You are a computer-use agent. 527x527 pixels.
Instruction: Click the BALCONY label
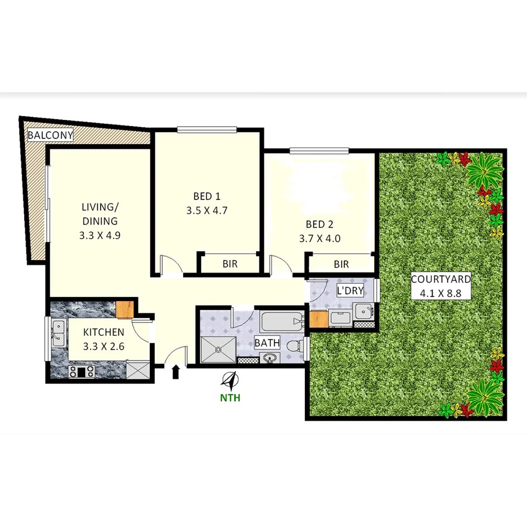(x=50, y=135)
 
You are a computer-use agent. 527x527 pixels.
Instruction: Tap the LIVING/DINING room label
(x=99, y=213)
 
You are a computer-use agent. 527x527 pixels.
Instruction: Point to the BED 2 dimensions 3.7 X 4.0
(x=319, y=238)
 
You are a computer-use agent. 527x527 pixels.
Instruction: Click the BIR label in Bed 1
(x=230, y=264)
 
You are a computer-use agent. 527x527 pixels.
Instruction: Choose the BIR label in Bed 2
(x=341, y=264)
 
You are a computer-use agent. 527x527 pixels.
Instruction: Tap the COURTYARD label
(x=440, y=279)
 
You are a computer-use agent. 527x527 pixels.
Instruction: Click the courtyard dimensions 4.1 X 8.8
(x=441, y=293)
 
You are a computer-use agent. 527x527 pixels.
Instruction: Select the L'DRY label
(x=348, y=291)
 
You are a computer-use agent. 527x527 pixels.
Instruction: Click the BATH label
(x=266, y=343)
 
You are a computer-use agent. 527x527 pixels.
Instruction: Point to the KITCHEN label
(x=104, y=332)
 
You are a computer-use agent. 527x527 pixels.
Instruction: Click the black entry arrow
(x=175, y=372)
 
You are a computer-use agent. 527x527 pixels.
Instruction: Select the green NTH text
(x=230, y=398)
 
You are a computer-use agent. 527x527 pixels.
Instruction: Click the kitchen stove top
(x=81, y=372)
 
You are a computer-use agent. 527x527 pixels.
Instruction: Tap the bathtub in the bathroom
(x=280, y=323)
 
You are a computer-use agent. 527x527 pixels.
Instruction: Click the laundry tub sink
(x=362, y=311)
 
